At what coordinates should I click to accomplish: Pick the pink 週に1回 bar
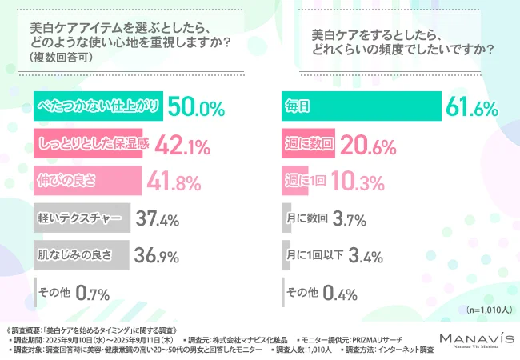coord(297,180)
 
